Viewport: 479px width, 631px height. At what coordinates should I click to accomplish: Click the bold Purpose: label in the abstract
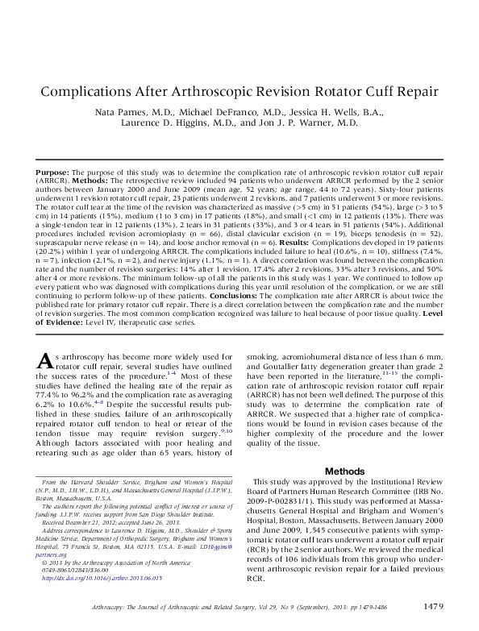(x=55, y=174)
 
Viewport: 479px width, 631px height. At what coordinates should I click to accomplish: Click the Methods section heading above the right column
(x=344, y=471)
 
